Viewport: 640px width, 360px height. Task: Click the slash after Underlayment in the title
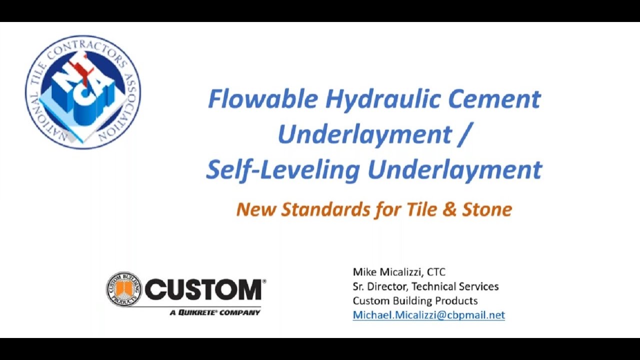463,134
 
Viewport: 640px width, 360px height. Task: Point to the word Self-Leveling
282,169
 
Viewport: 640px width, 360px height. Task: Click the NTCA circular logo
83,91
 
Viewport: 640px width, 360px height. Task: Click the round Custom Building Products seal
123,289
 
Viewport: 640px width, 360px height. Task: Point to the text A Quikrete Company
215,312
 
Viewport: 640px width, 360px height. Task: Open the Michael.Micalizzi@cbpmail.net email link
428,315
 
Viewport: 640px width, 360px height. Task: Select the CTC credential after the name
436,272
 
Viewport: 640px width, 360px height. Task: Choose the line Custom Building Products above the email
415,301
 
